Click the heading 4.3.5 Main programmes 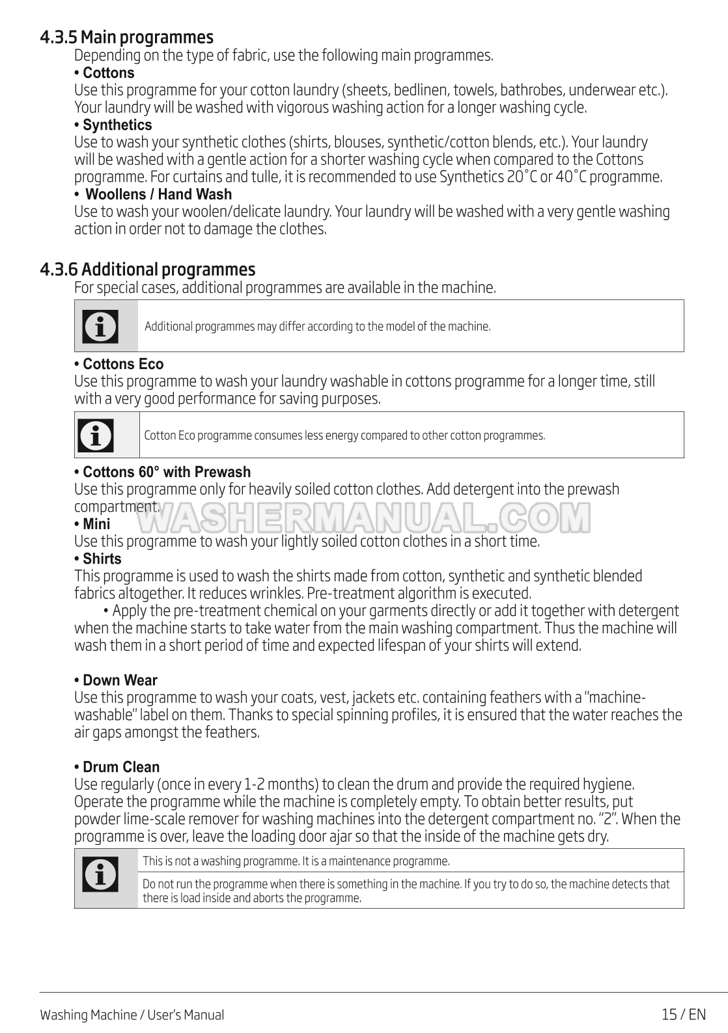tap(126, 37)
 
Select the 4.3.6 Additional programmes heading tap(147, 269)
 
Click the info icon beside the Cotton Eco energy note tap(96, 435)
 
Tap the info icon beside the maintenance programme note tap(101, 874)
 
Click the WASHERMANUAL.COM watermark tap(365, 518)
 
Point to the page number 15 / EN tap(683, 1014)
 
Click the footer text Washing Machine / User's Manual tap(132, 1015)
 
